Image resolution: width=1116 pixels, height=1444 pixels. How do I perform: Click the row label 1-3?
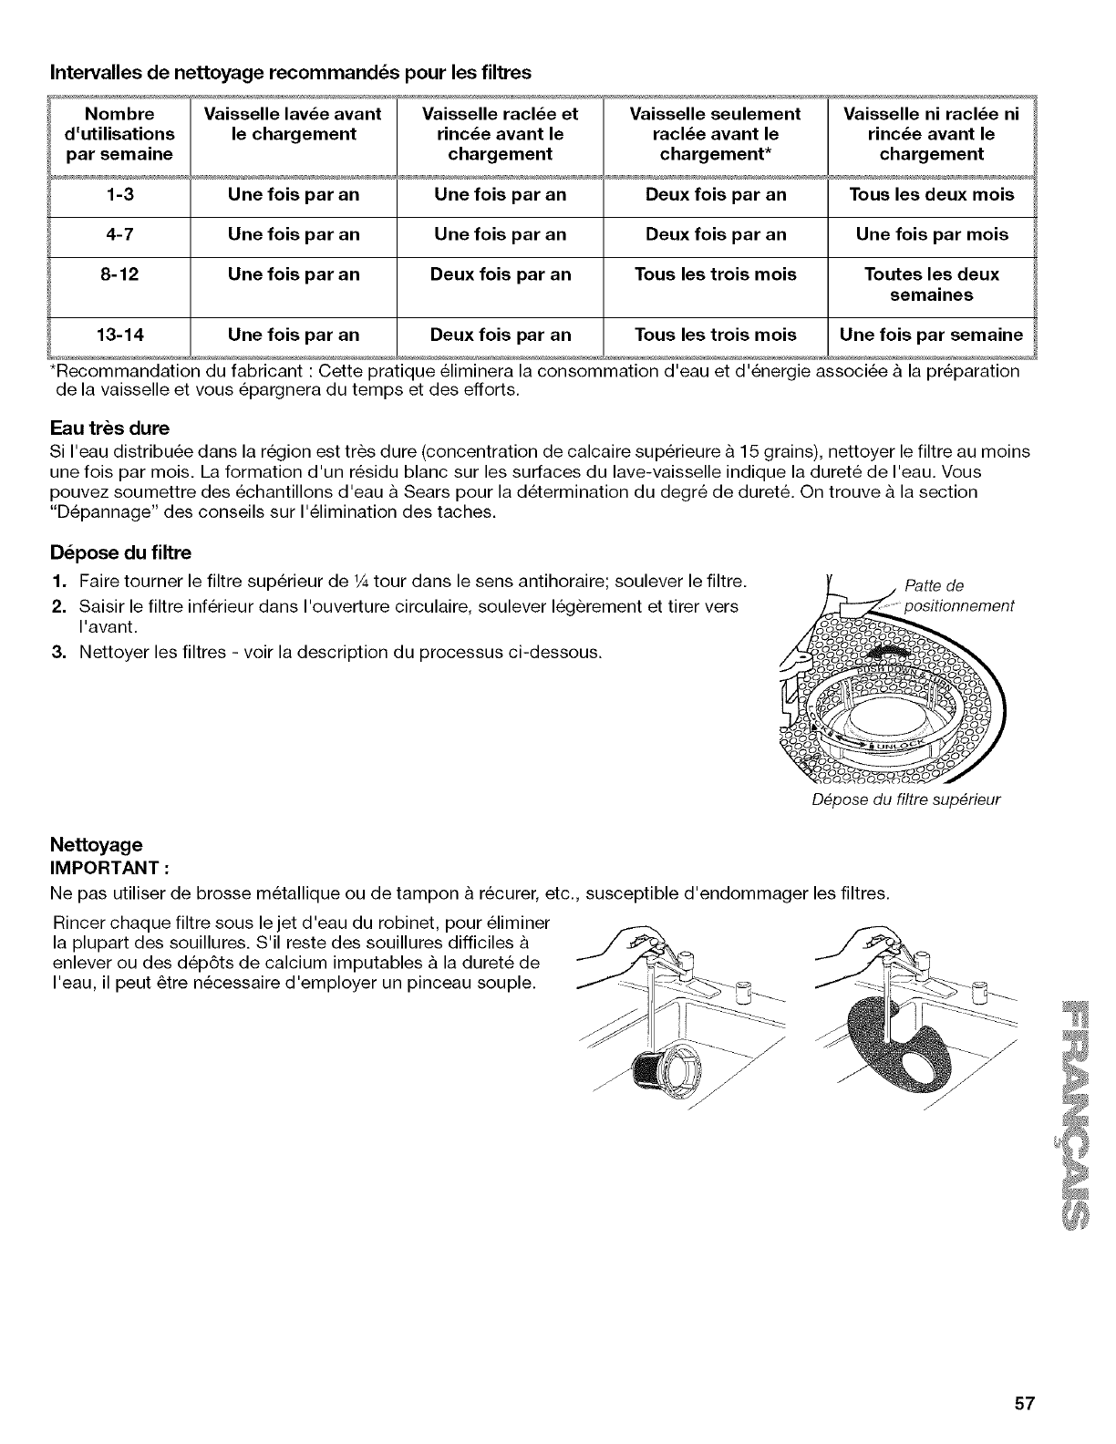point(119,195)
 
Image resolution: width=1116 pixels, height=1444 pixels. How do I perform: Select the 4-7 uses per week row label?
point(119,235)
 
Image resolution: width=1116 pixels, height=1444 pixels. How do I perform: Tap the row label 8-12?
point(119,275)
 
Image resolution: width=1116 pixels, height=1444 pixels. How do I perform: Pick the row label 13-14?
point(119,335)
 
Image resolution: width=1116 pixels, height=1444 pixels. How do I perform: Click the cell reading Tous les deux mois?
point(931,195)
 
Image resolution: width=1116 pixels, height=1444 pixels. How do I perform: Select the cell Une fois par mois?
point(931,235)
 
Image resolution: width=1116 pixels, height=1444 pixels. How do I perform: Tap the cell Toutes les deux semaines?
point(931,285)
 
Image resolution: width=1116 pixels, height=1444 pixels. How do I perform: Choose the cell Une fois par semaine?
point(931,335)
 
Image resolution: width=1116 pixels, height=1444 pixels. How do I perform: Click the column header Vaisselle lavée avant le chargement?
point(293,124)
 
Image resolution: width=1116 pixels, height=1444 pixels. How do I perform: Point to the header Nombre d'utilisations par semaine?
point(119,134)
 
